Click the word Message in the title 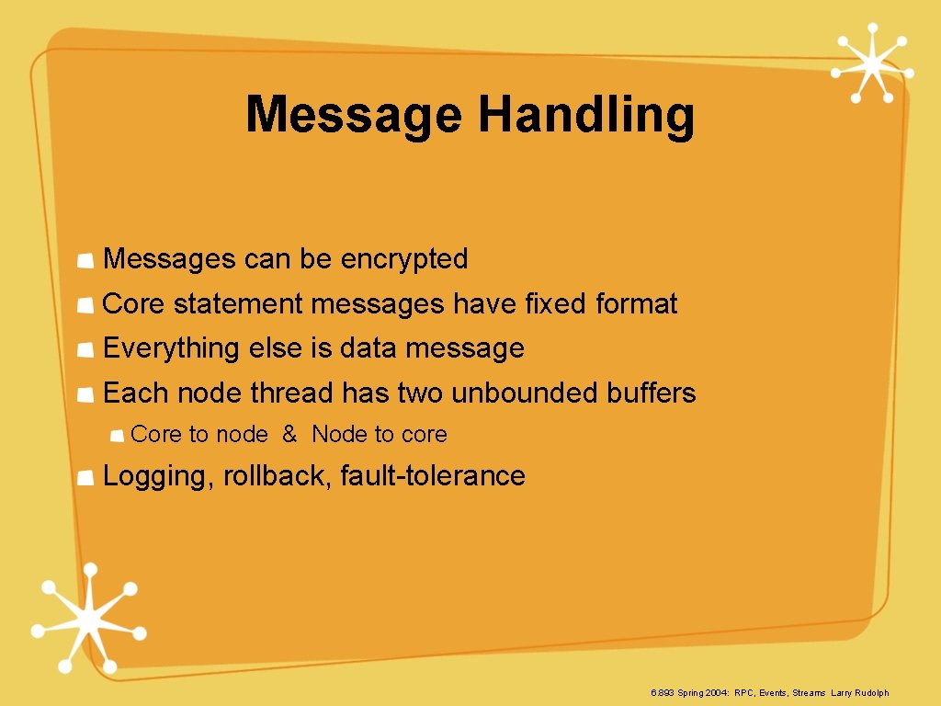[354, 116]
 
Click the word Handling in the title [586, 116]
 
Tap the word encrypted [404, 260]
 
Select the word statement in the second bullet [240, 304]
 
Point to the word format [636, 304]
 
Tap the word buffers [652, 393]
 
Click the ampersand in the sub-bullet [289, 435]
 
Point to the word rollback [278, 476]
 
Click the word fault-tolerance [433, 476]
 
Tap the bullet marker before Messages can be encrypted [85, 262]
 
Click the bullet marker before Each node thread [85, 395]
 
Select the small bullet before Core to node [118, 437]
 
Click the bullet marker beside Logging [85, 478]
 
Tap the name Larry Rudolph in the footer [860, 693]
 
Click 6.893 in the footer [663, 693]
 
